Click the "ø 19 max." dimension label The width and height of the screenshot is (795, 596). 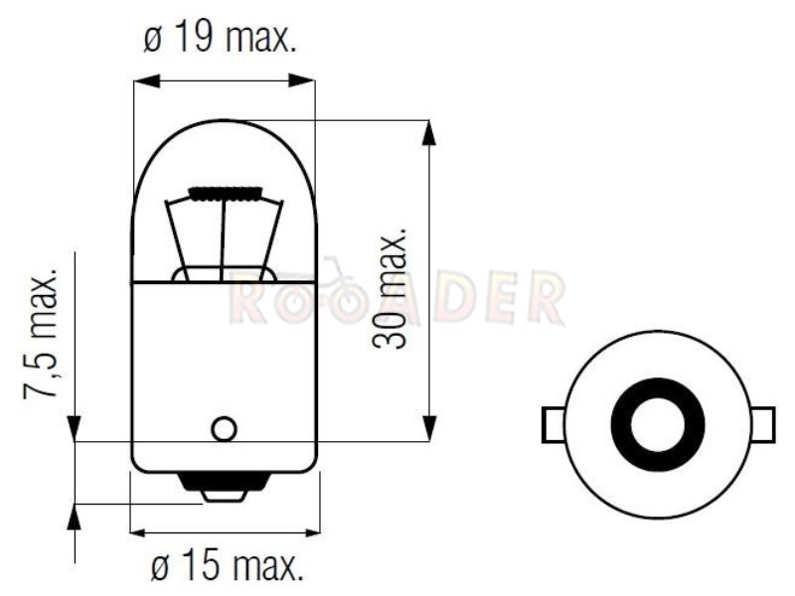tap(219, 37)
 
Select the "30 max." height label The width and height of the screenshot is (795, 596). tap(390, 286)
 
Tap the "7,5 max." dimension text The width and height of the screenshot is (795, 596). tap(41, 338)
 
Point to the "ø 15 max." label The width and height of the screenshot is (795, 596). tap(227, 565)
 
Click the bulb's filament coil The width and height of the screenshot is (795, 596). tap(226, 193)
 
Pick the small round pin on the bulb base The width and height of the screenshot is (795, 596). tap(224, 429)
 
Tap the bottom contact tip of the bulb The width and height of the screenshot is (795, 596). tap(224, 495)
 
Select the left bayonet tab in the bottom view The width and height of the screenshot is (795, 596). tap(554, 425)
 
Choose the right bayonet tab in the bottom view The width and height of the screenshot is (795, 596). tap(763, 425)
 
